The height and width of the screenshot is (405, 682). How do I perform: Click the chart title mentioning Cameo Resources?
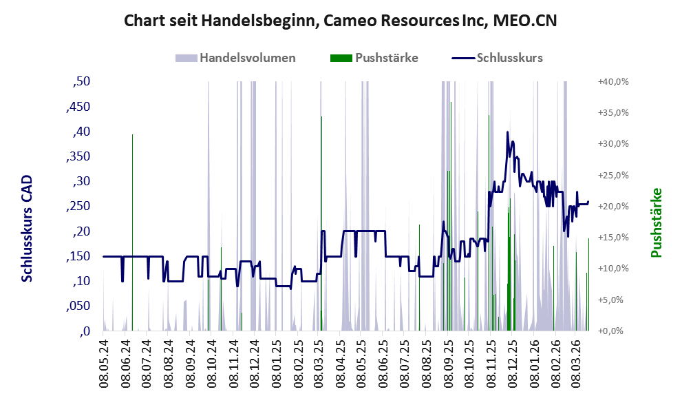[x=340, y=21]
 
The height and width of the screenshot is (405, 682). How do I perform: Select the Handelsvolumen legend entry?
[x=247, y=58]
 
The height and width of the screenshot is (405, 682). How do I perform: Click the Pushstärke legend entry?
[x=386, y=58]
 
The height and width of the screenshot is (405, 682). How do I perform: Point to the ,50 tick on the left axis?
[x=81, y=82]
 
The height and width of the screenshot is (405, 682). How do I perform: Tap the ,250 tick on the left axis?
[x=78, y=206]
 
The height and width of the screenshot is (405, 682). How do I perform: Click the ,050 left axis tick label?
[x=78, y=306]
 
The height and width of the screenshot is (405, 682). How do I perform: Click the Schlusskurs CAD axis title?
[x=28, y=227]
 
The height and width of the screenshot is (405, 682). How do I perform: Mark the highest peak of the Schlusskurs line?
[x=507, y=132]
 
